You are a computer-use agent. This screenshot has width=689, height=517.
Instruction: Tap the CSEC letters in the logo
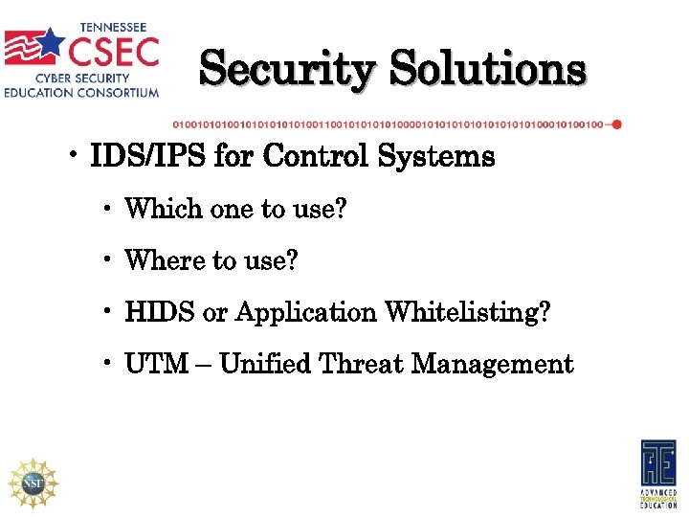111,46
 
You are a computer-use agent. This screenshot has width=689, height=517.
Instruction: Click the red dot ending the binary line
616,124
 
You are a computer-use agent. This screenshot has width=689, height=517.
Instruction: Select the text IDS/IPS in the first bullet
147,157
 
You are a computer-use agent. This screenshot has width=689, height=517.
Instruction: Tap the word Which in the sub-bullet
162,208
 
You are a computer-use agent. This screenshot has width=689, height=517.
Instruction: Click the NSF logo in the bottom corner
33,482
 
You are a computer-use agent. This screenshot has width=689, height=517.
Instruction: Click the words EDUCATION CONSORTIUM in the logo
81,93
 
